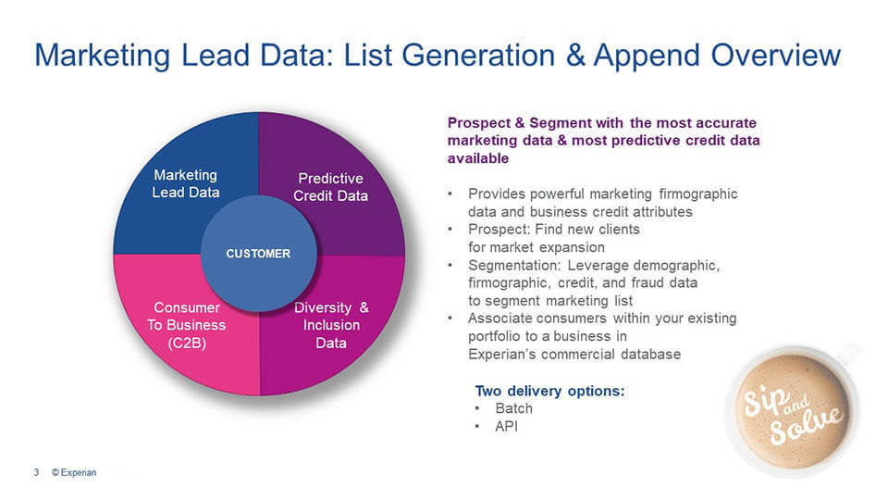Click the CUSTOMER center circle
tap(259, 254)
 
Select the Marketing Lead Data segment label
tap(186, 183)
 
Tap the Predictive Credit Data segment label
tap(331, 187)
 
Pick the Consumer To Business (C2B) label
tap(187, 325)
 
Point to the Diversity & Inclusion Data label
tap(331, 325)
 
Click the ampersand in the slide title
tap(575, 56)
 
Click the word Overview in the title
tap(776, 56)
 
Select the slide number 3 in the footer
tap(36, 472)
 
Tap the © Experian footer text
tap(74, 472)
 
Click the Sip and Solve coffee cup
tap(793, 409)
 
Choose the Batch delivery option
tap(513, 408)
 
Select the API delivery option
tap(506, 426)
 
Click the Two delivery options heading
tap(549, 391)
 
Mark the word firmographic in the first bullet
tap(698, 194)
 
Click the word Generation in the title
tap(478, 56)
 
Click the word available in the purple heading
tap(478, 158)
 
